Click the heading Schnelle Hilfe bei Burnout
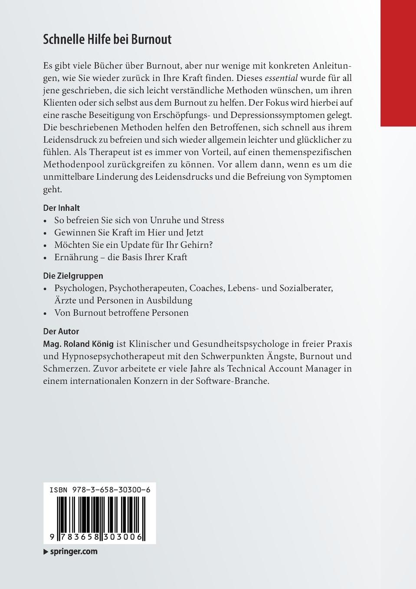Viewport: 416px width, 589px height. click(107, 40)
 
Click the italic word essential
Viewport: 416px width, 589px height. click(281, 78)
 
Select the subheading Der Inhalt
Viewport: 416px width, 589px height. click(62, 208)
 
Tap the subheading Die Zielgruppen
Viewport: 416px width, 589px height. click(73, 276)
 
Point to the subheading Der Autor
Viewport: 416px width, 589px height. click(61, 331)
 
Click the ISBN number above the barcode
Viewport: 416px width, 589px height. click(100, 490)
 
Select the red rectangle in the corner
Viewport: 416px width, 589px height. click(398, 63)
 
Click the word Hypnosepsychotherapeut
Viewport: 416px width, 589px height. click(110, 356)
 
